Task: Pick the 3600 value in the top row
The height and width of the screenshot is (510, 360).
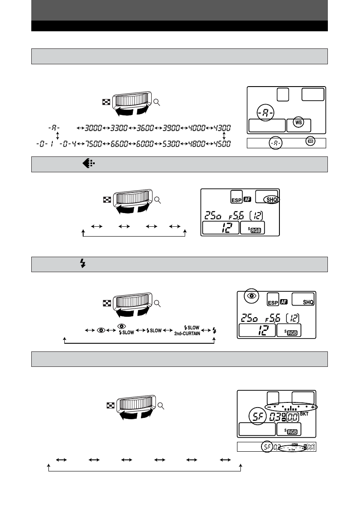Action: point(146,128)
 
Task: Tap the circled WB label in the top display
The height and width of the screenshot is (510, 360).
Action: point(298,123)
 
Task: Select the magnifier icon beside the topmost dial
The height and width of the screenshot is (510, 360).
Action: point(157,102)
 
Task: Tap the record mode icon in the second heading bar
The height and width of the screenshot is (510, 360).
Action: point(86,164)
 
